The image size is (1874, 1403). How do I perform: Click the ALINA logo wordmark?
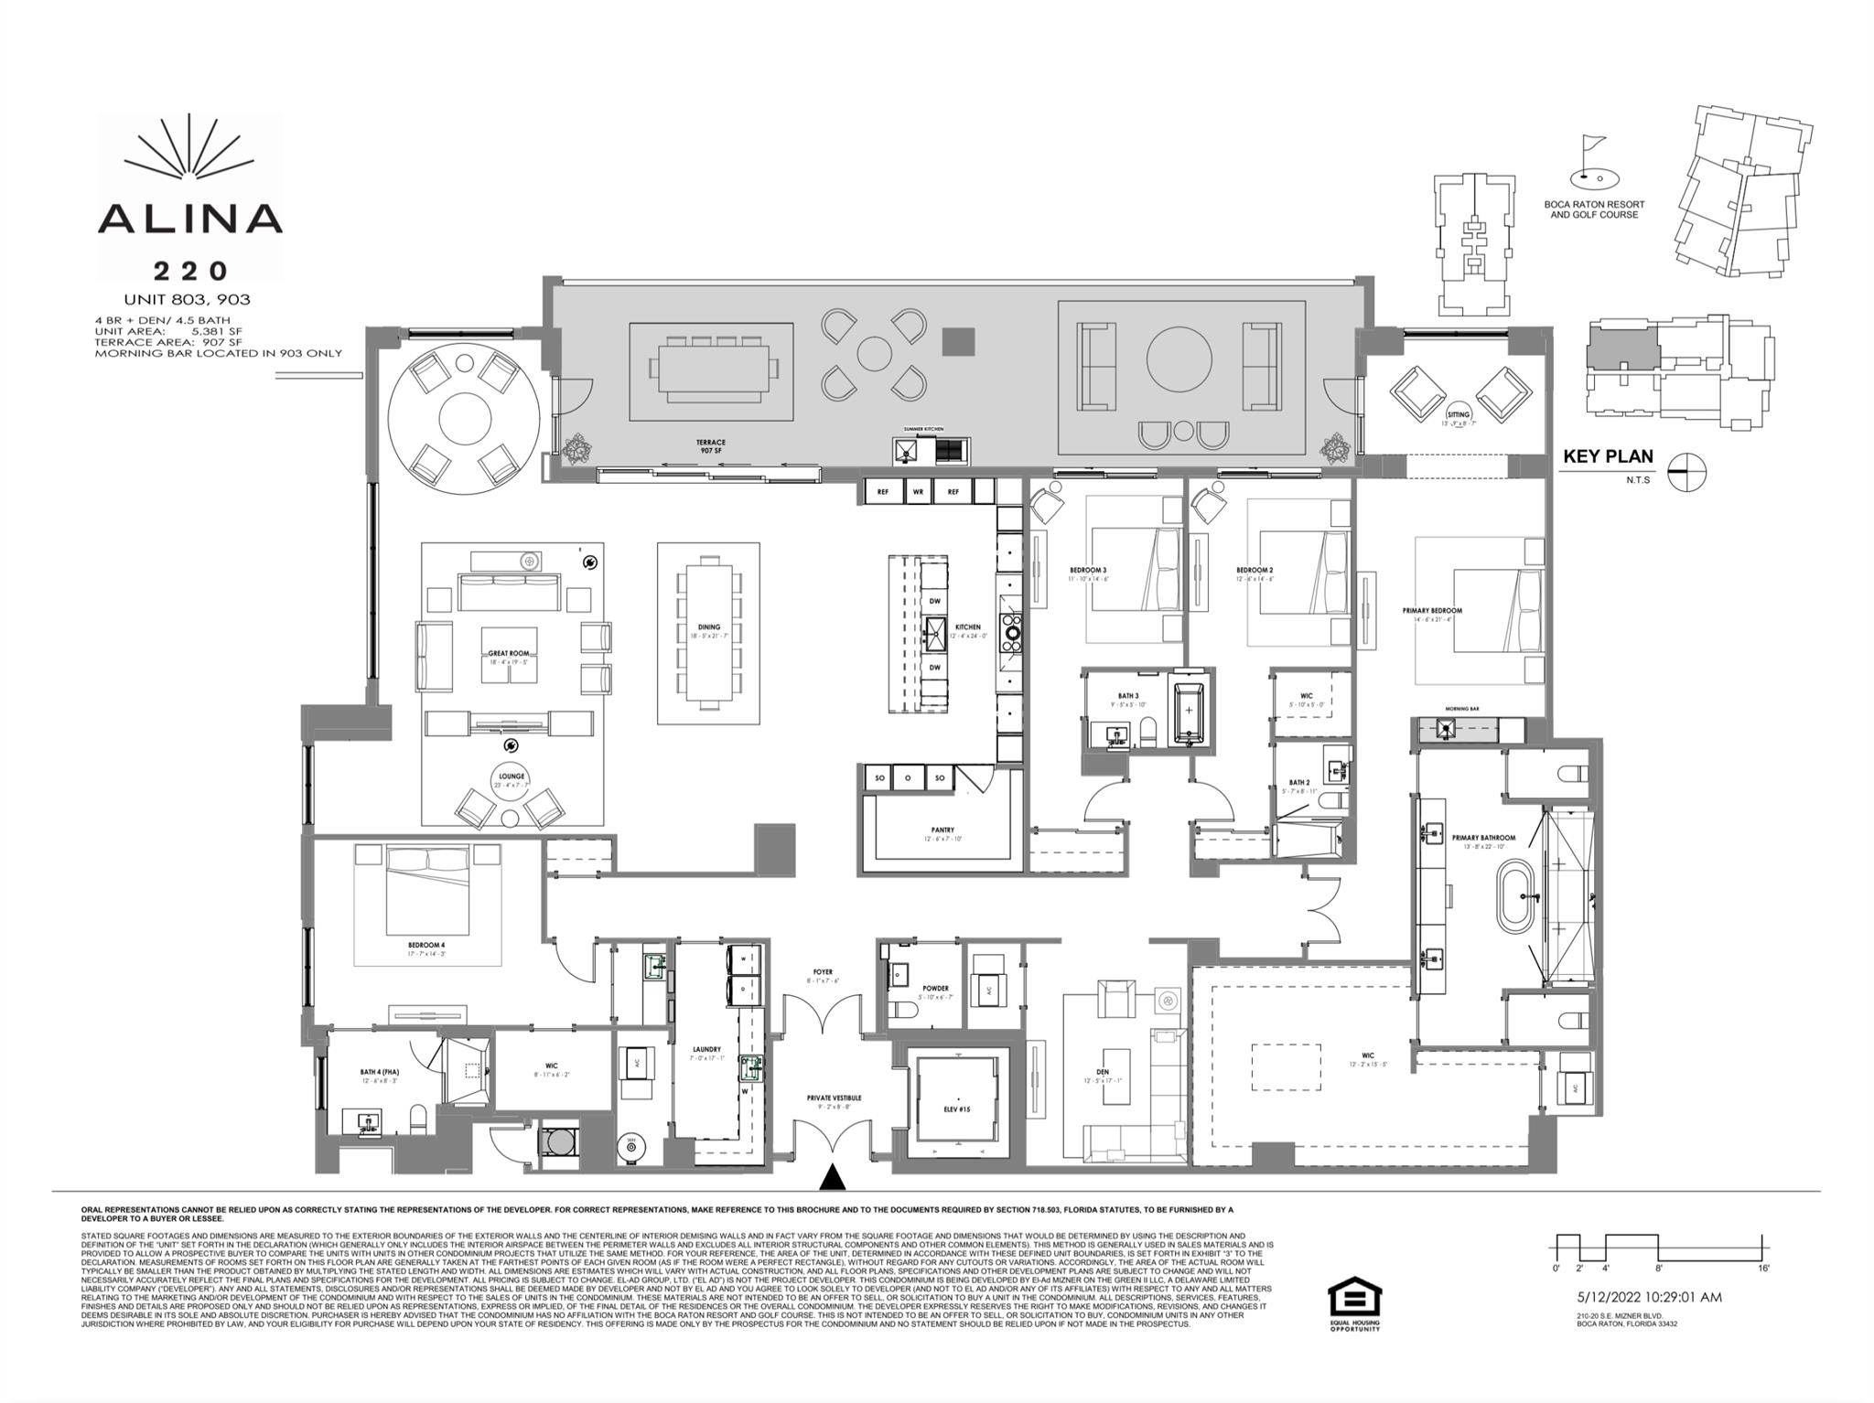(189, 218)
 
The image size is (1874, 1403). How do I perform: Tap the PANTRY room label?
(942, 830)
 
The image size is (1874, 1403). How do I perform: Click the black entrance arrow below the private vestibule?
(833, 1177)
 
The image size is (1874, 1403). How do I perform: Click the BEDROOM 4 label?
(427, 945)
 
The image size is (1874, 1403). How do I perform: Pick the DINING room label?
(709, 627)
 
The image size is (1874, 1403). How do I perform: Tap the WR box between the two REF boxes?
(918, 492)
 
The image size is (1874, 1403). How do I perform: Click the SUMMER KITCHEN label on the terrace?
(923, 429)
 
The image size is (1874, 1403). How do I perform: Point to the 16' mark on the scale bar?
(1762, 1268)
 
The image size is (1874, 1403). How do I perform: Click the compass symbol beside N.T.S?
(1686, 473)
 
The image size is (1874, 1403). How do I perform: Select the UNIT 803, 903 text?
(187, 299)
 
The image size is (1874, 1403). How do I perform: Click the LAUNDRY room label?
(706, 1049)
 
